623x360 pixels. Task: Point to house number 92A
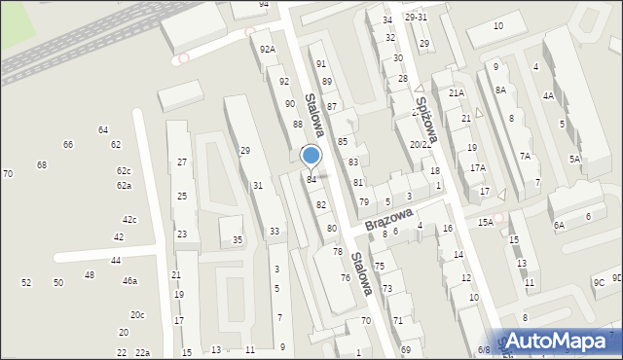point(267,49)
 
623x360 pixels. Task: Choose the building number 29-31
point(416,18)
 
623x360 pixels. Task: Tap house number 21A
point(456,92)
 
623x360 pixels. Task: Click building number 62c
point(123,171)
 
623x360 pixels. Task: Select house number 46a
point(129,281)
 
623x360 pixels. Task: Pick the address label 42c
point(129,220)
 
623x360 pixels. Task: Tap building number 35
point(237,240)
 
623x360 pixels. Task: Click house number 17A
point(477,168)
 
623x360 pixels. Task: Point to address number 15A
point(485,223)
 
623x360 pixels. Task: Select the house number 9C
point(599,282)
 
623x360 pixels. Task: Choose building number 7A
point(524,157)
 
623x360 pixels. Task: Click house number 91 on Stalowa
point(320,63)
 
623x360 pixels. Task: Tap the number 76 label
point(345,278)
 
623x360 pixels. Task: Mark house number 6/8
point(484,350)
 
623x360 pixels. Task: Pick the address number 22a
point(142,352)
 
